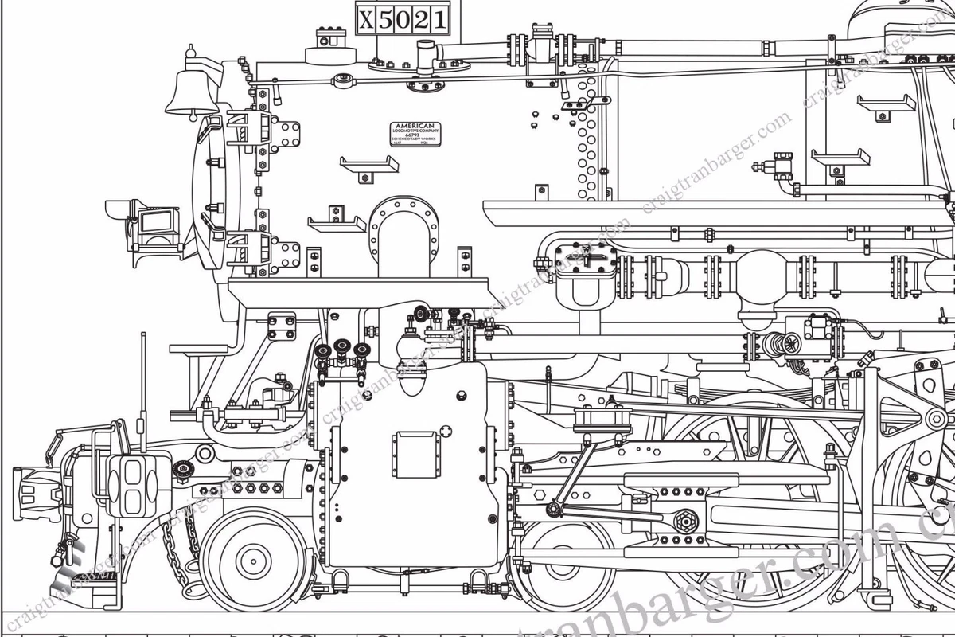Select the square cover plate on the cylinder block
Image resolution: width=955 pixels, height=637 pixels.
pos(415,454)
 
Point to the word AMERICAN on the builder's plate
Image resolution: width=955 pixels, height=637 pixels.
pos(415,126)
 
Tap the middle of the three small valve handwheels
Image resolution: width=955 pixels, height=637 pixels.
pos(342,347)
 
